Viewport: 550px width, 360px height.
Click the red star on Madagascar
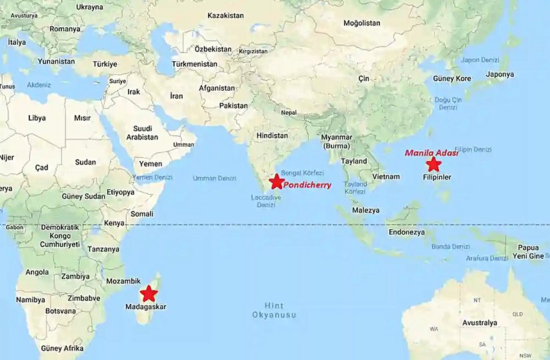148,293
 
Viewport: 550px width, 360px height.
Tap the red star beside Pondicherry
276,181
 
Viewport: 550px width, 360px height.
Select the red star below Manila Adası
433,164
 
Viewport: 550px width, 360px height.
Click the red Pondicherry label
307,185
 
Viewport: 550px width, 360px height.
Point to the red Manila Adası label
432,153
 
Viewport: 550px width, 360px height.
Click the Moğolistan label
361,23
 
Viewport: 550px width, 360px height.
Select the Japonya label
499,75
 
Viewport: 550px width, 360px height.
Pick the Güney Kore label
452,79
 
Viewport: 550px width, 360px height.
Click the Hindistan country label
273,135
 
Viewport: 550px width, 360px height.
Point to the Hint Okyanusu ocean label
273,310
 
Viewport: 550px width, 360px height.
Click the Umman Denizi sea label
214,178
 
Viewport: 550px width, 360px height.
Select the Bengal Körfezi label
302,173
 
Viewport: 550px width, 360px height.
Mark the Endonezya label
407,233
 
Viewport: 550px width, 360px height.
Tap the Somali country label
142,213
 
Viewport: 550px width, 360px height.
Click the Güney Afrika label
62,348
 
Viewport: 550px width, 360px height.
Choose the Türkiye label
105,64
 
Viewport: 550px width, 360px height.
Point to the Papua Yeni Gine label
528,252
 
